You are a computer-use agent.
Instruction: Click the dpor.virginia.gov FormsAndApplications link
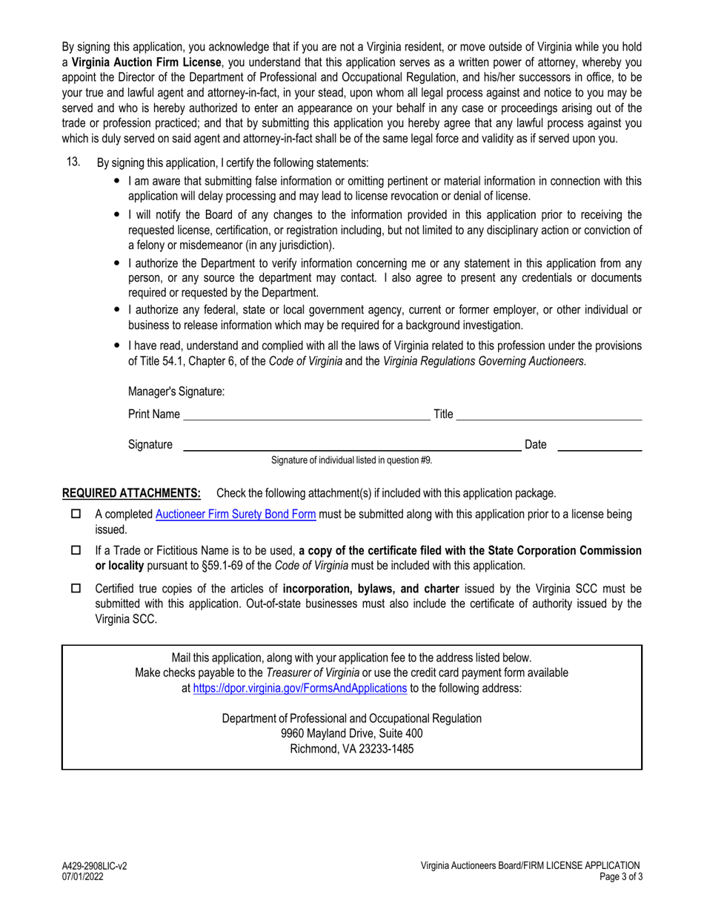[x=299, y=688]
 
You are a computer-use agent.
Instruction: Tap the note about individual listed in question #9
[x=351, y=460]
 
